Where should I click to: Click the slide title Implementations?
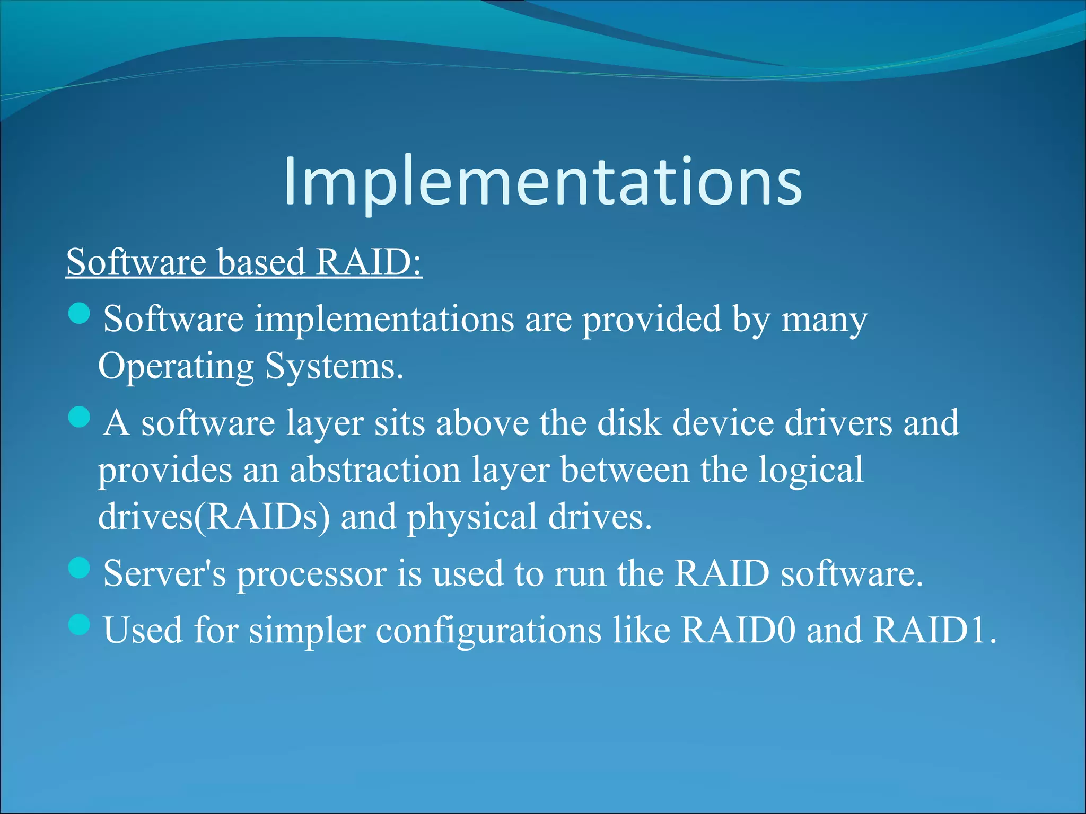[543, 181]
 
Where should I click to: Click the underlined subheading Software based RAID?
[244, 262]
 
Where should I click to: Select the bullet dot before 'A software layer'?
[80, 417]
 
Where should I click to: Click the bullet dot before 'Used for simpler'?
[80, 624]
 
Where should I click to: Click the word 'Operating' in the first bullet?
[176, 367]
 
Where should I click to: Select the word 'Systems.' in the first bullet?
[335, 367]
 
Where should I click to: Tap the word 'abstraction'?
[375, 470]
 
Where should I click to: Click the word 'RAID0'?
[738, 630]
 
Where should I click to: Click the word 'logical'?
[811, 471]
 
